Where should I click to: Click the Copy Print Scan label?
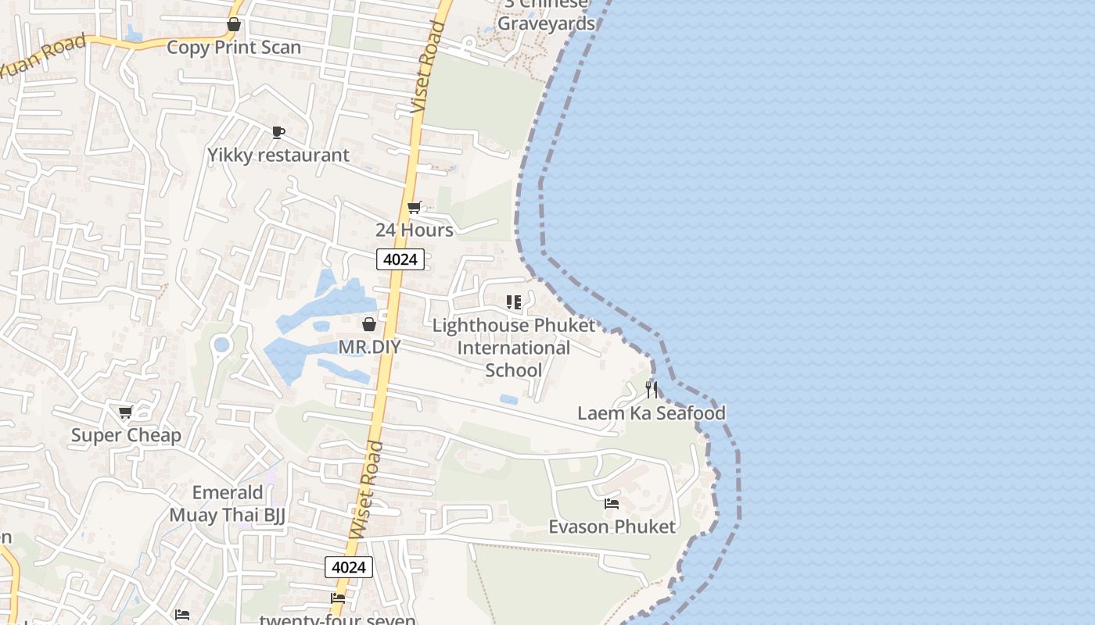(x=234, y=47)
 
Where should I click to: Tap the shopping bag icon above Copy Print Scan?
(x=233, y=24)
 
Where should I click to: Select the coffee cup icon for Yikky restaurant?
(x=278, y=132)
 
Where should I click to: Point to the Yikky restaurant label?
(x=278, y=155)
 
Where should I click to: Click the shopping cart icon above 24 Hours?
(x=415, y=207)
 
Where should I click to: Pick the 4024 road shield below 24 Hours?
(x=400, y=259)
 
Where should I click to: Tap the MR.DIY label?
(x=369, y=346)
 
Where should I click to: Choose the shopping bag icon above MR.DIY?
(x=369, y=323)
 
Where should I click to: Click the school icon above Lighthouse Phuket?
(x=514, y=302)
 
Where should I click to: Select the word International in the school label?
(x=514, y=348)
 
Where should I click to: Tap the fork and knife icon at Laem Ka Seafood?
(x=652, y=389)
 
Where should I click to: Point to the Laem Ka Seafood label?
(x=652, y=412)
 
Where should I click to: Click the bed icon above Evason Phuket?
(x=612, y=504)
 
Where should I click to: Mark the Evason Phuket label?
(x=612, y=527)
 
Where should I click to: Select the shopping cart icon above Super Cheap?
(x=125, y=412)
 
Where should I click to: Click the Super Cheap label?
(x=126, y=435)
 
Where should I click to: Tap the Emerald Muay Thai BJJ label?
(x=228, y=504)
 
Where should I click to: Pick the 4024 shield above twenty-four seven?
(x=349, y=567)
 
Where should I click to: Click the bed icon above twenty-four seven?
(x=338, y=598)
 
